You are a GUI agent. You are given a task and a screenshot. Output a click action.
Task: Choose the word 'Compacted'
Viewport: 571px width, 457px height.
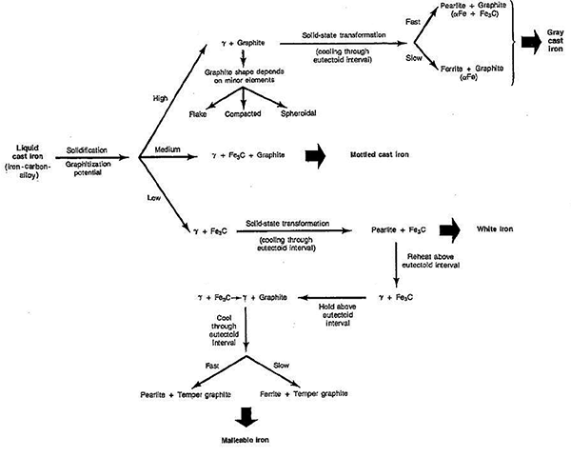pyautogui.click(x=244, y=114)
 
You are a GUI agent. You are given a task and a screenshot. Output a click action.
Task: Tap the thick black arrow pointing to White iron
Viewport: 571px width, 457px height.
pyautogui.click(x=467, y=229)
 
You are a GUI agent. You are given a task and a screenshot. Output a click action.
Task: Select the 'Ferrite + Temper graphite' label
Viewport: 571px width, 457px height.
pyautogui.click(x=304, y=393)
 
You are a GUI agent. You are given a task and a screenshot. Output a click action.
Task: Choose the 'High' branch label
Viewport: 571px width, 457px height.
pyautogui.click(x=161, y=96)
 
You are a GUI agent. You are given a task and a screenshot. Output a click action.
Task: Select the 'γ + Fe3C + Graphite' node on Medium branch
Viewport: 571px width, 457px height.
pyautogui.click(x=239, y=153)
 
